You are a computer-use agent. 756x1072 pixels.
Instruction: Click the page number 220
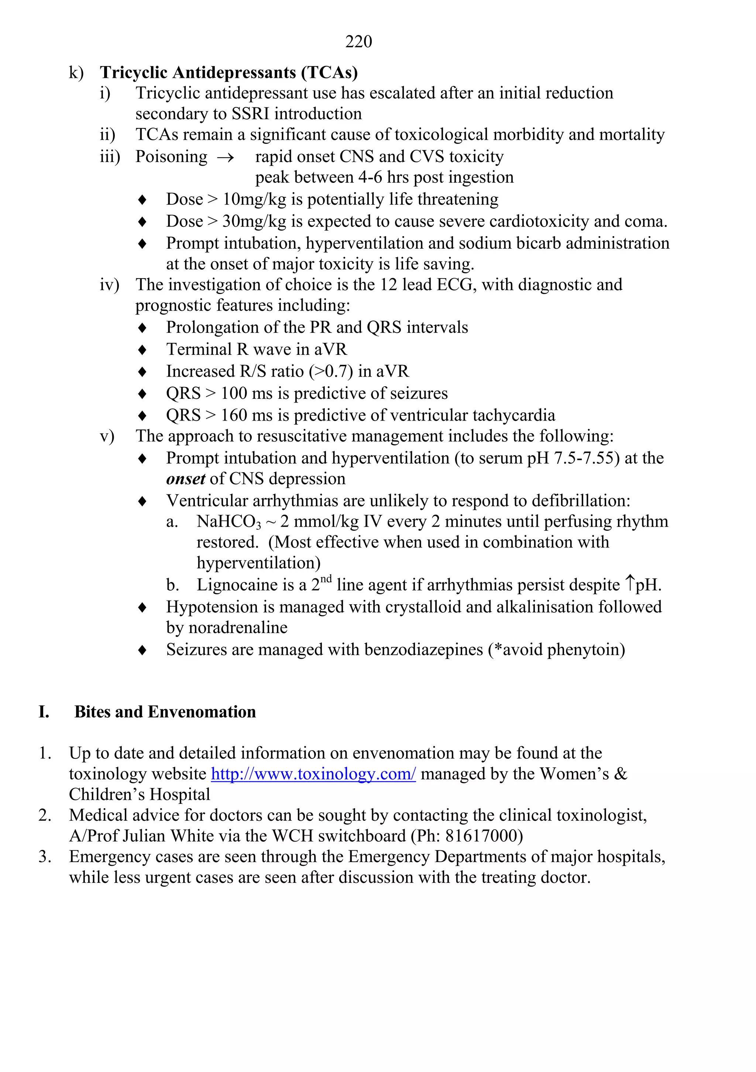click(358, 42)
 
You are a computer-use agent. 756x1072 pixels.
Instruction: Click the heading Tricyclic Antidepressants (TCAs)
click(228, 72)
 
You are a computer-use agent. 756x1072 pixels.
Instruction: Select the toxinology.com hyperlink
click(313, 774)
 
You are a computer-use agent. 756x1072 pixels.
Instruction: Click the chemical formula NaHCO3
click(228, 522)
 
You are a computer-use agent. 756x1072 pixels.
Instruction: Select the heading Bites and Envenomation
click(165, 712)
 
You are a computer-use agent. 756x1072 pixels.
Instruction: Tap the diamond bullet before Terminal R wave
click(142, 350)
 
